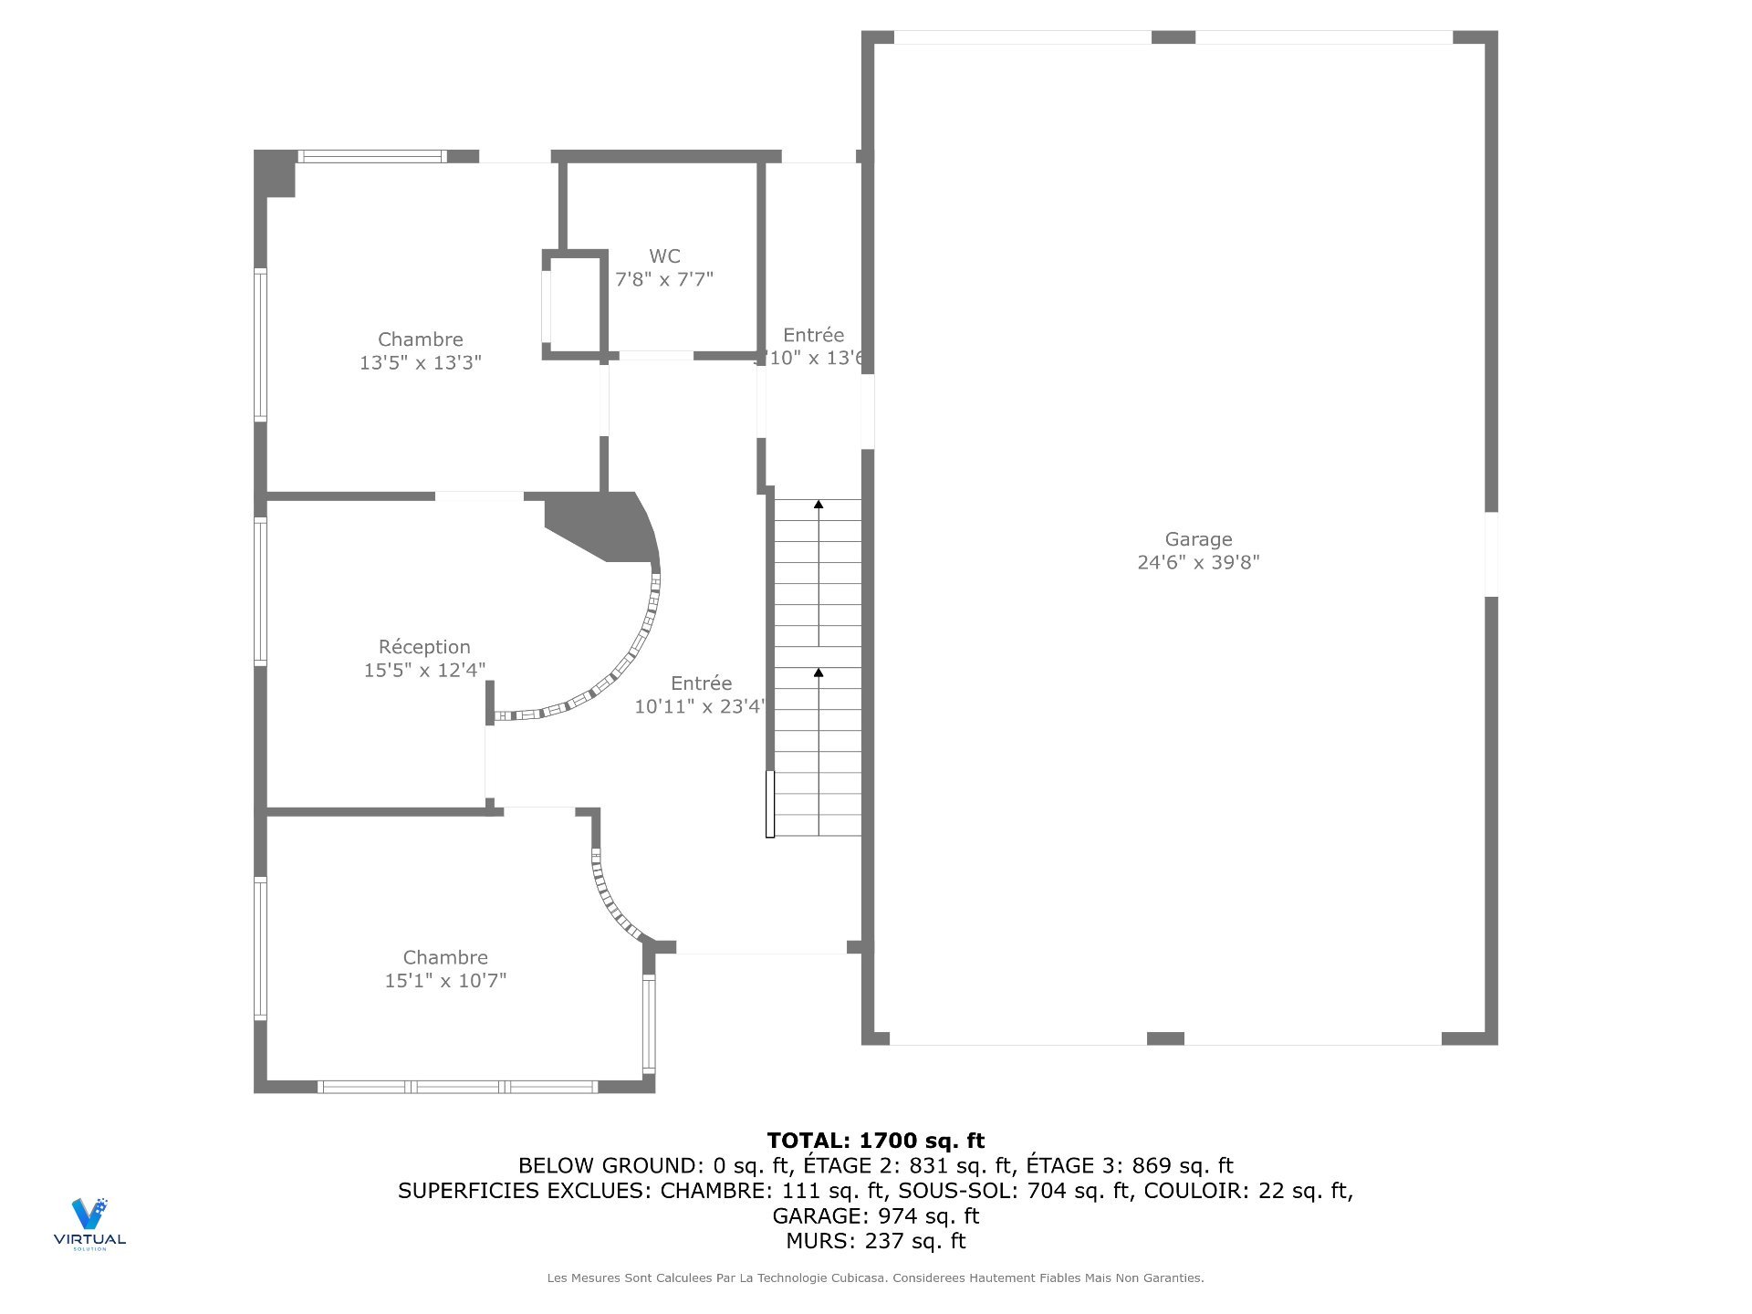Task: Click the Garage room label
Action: pos(1198,539)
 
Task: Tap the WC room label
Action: pos(664,256)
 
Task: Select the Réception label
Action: pos(424,647)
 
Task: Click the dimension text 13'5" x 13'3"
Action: pos(420,362)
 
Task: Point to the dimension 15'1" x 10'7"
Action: pos(445,980)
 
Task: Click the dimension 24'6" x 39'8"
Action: pos(1198,562)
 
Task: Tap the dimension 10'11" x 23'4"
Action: pos(700,706)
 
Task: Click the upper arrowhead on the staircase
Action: pos(819,505)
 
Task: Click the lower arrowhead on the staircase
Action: pos(819,673)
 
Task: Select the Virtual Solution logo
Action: pos(89,1223)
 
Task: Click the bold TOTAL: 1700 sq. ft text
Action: pos(876,1141)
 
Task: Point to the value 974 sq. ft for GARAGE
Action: pos(928,1215)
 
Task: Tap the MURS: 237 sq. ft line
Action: pos(876,1241)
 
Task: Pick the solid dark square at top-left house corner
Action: pos(275,173)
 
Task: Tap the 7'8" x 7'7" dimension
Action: pos(664,279)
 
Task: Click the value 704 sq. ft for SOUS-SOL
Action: pos(1079,1191)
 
